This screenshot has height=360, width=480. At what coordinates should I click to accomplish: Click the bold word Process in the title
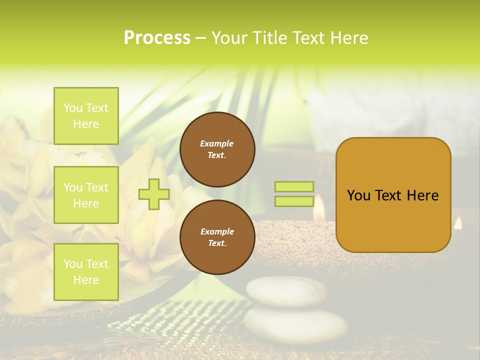157,38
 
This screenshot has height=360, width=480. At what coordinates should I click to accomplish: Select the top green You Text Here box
86,116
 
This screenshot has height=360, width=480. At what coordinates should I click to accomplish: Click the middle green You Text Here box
86,195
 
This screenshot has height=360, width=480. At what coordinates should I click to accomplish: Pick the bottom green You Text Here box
86,272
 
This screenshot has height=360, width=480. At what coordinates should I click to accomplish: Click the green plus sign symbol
154,194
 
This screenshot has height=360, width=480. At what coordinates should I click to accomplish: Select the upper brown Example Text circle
217,149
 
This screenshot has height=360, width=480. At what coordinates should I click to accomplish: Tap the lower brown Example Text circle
217,237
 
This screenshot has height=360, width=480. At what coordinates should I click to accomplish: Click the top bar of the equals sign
294,187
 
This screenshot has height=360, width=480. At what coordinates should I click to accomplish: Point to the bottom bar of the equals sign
294,201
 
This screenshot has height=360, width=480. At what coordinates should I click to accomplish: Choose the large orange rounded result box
393,195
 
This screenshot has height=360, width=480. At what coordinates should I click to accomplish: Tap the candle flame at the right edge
458,223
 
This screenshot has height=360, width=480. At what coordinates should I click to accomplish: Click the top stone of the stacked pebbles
286,291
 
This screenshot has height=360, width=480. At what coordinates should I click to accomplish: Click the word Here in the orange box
422,195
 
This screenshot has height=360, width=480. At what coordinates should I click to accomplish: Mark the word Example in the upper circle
217,143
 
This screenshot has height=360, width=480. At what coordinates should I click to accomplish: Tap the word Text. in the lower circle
217,243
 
